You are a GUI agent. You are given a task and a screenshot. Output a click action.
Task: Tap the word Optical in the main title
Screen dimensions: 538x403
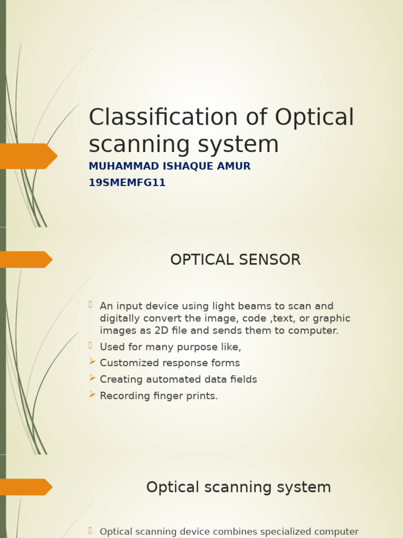(x=314, y=117)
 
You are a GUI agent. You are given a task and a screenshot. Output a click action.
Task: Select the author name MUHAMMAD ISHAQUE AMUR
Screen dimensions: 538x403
(x=169, y=166)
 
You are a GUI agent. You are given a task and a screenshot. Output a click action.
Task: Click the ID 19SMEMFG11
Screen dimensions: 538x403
(x=127, y=183)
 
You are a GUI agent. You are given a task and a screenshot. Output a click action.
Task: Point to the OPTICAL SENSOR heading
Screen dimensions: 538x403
(x=235, y=260)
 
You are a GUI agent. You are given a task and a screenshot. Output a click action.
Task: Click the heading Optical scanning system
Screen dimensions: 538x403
(x=238, y=487)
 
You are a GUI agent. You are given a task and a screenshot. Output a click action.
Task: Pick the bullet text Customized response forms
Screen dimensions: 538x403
(x=169, y=363)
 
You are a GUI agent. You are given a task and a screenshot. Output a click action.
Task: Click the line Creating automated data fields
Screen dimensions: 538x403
(x=178, y=379)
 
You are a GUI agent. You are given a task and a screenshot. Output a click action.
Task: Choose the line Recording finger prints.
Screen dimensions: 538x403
(x=158, y=396)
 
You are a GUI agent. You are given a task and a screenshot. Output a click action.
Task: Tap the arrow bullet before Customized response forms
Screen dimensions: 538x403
(x=92, y=361)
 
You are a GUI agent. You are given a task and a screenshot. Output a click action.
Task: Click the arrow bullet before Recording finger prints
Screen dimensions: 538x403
(x=92, y=394)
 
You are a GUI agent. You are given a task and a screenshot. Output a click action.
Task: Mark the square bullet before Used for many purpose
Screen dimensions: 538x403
(x=90, y=345)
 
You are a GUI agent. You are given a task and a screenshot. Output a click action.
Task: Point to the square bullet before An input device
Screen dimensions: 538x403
(x=90, y=304)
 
